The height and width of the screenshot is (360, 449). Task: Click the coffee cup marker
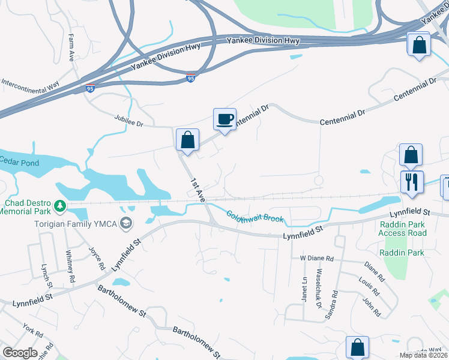pyautogui.click(x=225, y=119)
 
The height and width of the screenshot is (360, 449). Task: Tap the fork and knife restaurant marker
pyautogui.click(x=412, y=182)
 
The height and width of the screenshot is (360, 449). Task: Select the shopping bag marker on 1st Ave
pyautogui.click(x=188, y=140)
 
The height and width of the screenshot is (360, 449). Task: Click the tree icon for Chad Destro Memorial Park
pyautogui.click(x=60, y=206)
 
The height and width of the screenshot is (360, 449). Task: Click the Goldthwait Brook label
pyautogui.click(x=255, y=216)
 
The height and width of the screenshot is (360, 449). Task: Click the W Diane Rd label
pyautogui.click(x=316, y=258)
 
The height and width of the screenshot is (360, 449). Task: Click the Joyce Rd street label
pyautogui.click(x=96, y=257)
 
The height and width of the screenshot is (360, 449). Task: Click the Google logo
pyautogui.click(x=20, y=352)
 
